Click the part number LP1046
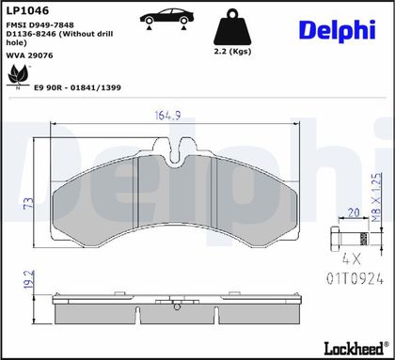click(27, 10)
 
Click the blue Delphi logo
click(338, 31)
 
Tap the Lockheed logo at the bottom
click(356, 348)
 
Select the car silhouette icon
click(166, 18)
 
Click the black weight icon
click(232, 26)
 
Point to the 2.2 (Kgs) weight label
click(232, 51)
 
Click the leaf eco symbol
click(18, 76)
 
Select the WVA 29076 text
click(29, 55)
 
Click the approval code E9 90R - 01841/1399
click(77, 87)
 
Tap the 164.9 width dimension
click(168, 116)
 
